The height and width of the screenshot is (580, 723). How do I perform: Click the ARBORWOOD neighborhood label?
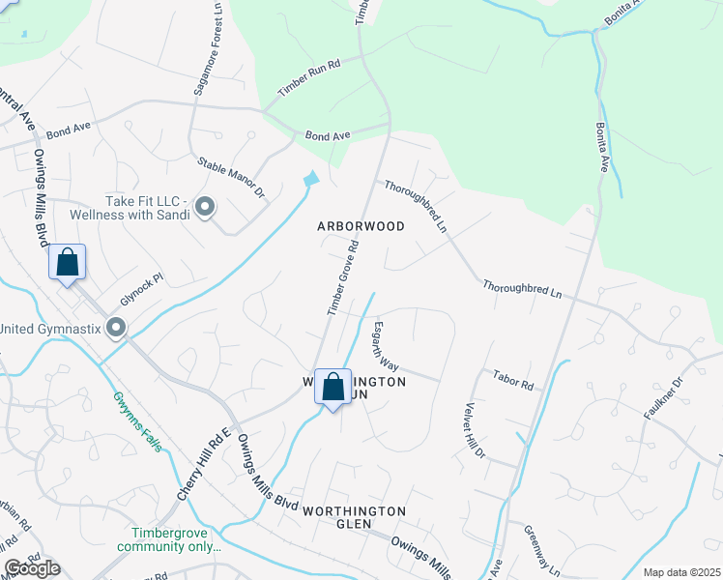[361, 225]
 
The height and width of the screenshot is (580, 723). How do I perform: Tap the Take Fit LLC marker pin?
[205, 207]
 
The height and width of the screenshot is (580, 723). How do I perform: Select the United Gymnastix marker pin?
[116, 329]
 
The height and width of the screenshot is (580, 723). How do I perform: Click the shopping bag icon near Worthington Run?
[333, 388]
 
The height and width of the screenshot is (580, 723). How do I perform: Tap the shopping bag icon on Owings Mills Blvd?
[68, 263]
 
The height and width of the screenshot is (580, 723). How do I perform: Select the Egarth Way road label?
[386, 345]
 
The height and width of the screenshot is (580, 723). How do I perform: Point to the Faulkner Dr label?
[664, 394]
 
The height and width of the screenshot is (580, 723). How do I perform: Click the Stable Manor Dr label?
[230, 179]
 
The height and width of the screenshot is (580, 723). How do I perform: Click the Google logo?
[33, 568]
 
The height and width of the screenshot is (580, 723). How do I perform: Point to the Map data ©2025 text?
[681, 572]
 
